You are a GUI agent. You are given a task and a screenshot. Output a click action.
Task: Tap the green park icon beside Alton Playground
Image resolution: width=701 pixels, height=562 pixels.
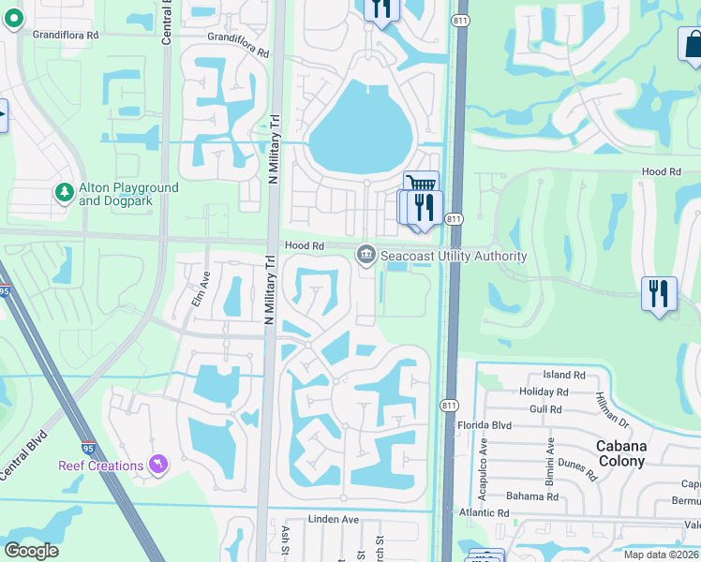65,193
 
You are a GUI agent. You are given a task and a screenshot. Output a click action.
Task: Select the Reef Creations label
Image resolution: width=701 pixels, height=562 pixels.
106,466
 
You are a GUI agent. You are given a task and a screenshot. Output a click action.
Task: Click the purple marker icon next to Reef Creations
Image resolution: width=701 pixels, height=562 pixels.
158,465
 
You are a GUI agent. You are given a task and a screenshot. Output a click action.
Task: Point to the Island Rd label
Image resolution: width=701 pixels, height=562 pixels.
562,375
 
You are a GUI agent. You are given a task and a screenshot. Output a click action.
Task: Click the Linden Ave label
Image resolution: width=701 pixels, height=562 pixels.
335,519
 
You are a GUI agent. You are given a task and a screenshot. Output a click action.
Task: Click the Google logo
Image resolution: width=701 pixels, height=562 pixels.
32,551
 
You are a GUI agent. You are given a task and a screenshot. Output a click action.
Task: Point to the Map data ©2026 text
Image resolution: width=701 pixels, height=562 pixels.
662,555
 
